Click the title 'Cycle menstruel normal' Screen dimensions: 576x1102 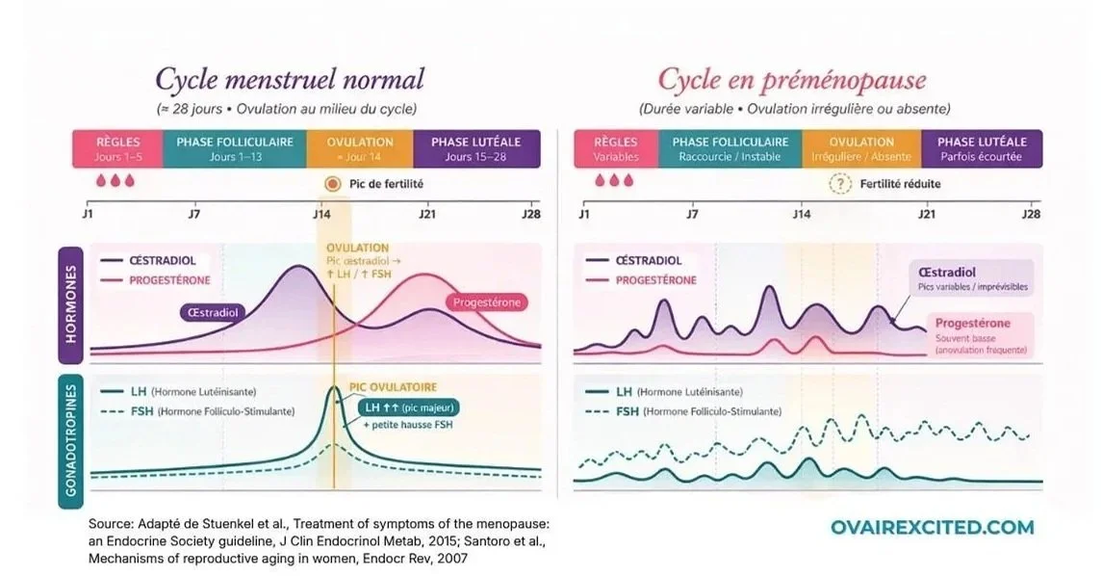pos(290,80)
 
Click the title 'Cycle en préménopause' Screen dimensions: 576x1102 pos(791,80)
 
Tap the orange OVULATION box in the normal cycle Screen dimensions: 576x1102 pos(360,148)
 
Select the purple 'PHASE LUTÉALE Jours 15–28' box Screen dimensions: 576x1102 pos(476,148)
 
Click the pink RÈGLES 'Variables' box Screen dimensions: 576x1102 pos(616,148)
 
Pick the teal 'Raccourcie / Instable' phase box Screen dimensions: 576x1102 pos(730,148)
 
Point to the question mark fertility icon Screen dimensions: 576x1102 pos(841,184)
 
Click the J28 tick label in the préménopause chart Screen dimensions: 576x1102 pos(1030,214)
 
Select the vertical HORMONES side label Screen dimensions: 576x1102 pos(69,304)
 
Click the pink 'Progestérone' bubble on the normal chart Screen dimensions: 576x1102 pos(488,302)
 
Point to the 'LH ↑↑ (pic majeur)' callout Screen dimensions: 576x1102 pos(409,407)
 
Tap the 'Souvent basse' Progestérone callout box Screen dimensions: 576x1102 pos(981,335)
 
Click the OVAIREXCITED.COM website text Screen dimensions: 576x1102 pos(933,527)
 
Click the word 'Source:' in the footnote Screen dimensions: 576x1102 pos(110,523)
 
